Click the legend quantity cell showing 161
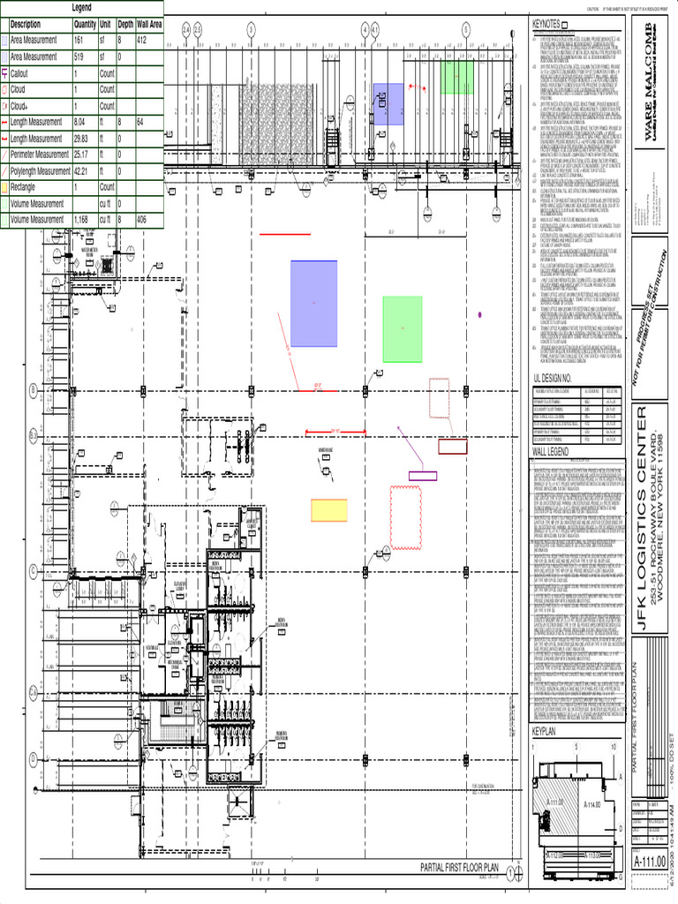click(x=84, y=41)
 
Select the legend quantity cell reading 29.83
click(x=84, y=139)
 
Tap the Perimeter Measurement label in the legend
click(x=40, y=154)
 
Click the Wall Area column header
click(x=148, y=25)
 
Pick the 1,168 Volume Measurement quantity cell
click(x=84, y=219)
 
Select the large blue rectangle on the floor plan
click(x=313, y=304)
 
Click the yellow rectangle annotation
click(x=328, y=510)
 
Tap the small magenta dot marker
click(x=479, y=313)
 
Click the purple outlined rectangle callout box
click(x=422, y=476)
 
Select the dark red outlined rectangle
click(x=453, y=447)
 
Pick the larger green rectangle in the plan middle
click(x=402, y=329)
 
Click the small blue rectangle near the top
click(x=388, y=99)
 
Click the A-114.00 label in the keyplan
click(x=591, y=804)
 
